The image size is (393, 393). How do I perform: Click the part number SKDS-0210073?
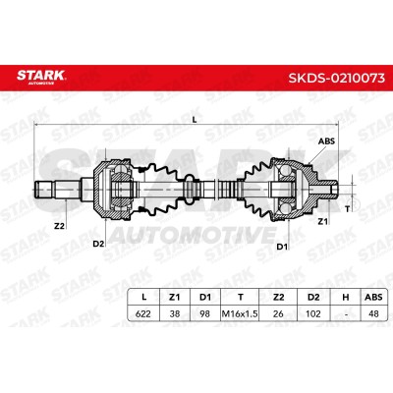(336, 78)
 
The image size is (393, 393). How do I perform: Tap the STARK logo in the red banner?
(41, 77)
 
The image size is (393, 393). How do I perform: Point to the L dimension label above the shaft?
(195, 120)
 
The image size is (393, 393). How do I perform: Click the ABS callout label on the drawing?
(326, 141)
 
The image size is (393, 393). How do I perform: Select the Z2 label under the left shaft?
(59, 226)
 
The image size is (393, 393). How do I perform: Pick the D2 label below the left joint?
(98, 244)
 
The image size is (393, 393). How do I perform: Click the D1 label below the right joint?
(282, 247)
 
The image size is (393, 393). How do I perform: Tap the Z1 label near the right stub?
(323, 222)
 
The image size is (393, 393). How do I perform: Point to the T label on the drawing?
(348, 209)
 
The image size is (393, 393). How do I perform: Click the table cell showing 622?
(143, 313)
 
